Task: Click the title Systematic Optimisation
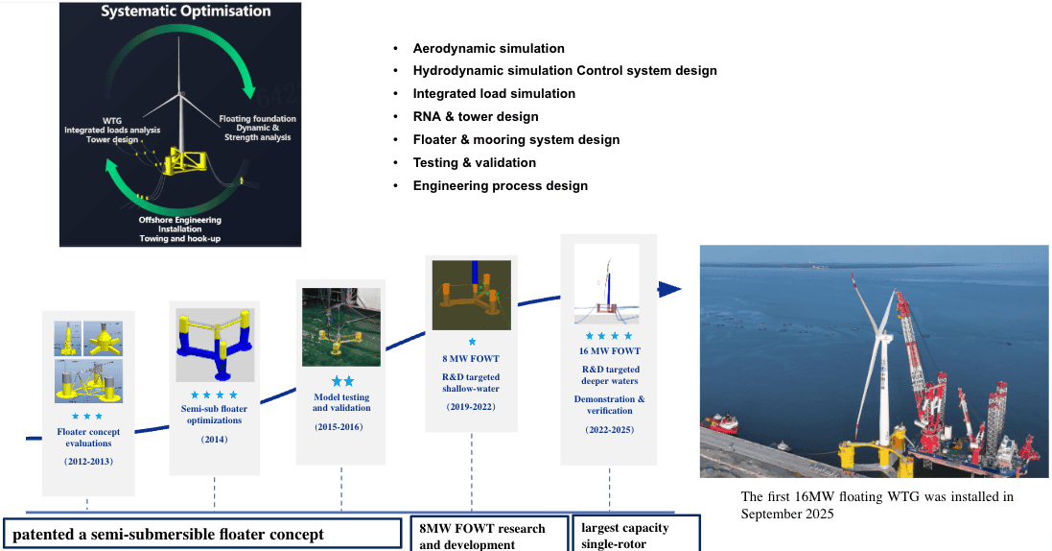coord(186,12)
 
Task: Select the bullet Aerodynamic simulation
coord(488,48)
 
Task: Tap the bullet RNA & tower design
coord(476,117)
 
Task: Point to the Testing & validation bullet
coord(475,162)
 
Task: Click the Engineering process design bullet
coord(501,186)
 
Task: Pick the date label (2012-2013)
coord(88,462)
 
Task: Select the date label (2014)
coord(214,440)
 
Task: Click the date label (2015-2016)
coord(339,427)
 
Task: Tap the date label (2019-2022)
coord(471,407)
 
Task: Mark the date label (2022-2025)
coord(609,430)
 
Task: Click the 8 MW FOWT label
coord(471,359)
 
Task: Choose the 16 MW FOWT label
coord(609,350)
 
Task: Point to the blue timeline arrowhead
coord(669,290)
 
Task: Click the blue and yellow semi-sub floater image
coord(215,346)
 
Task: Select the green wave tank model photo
coord(340,327)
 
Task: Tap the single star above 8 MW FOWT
coord(472,342)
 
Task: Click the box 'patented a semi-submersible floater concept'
coord(202,534)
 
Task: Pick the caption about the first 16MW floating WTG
coord(877,505)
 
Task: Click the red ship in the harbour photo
coord(720,423)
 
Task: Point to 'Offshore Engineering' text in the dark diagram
coord(179,220)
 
